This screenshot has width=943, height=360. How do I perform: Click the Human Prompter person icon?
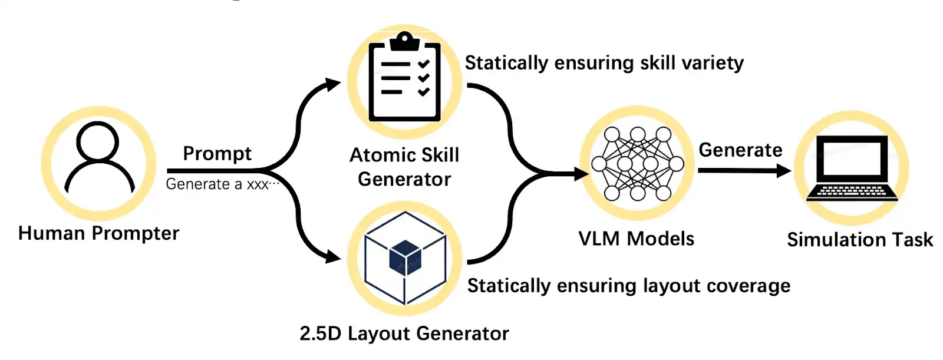point(98,158)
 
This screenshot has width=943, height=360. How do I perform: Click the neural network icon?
point(637,163)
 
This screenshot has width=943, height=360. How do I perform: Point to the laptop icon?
point(852,169)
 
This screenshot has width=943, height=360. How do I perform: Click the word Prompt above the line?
point(217,154)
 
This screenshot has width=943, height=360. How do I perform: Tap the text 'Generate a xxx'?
point(217,184)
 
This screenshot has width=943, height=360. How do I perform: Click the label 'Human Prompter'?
point(98,233)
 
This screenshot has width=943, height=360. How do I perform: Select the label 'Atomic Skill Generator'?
point(404,167)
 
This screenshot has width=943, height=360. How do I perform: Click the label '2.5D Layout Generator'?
point(404,333)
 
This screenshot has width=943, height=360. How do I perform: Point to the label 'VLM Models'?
point(637,239)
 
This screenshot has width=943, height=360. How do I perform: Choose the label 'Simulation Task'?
point(860,240)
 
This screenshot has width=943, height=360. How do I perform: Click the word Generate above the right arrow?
point(740,150)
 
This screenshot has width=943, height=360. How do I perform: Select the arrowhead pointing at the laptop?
point(784,171)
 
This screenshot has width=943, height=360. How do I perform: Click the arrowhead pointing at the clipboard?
point(333,84)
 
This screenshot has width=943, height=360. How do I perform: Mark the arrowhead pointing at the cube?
point(333,257)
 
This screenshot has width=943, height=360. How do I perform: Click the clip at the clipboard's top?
point(404,41)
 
